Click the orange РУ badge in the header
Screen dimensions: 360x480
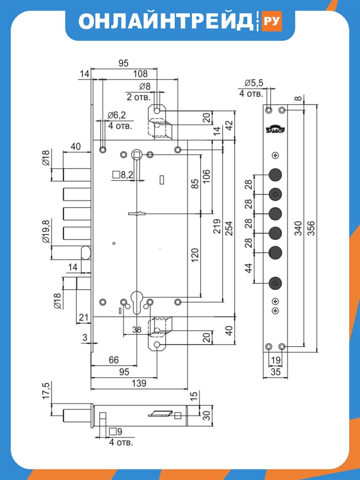click(x=271, y=21)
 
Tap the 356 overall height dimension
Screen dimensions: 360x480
click(x=311, y=228)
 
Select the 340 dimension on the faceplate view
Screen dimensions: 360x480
click(x=298, y=228)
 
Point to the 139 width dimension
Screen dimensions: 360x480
click(x=139, y=383)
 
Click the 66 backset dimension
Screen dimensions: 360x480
click(x=113, y=360)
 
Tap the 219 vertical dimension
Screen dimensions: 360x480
click(x=217, y=226)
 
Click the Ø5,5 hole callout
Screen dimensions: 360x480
click(x=254, y=83)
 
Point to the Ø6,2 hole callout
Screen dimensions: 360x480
click(x=116, y=115)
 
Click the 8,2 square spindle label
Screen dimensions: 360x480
click(x=123, y=175)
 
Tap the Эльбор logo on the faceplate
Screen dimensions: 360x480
click(x=275, y=129)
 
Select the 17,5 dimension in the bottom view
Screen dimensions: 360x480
click(x=46, y=390)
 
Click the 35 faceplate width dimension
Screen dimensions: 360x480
click(x=276, y=372)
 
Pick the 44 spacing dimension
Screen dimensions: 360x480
click(x=249, y=268)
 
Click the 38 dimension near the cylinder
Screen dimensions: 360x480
click(x=137, y=329)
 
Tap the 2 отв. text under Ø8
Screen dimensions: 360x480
click(x=139, y=97)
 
